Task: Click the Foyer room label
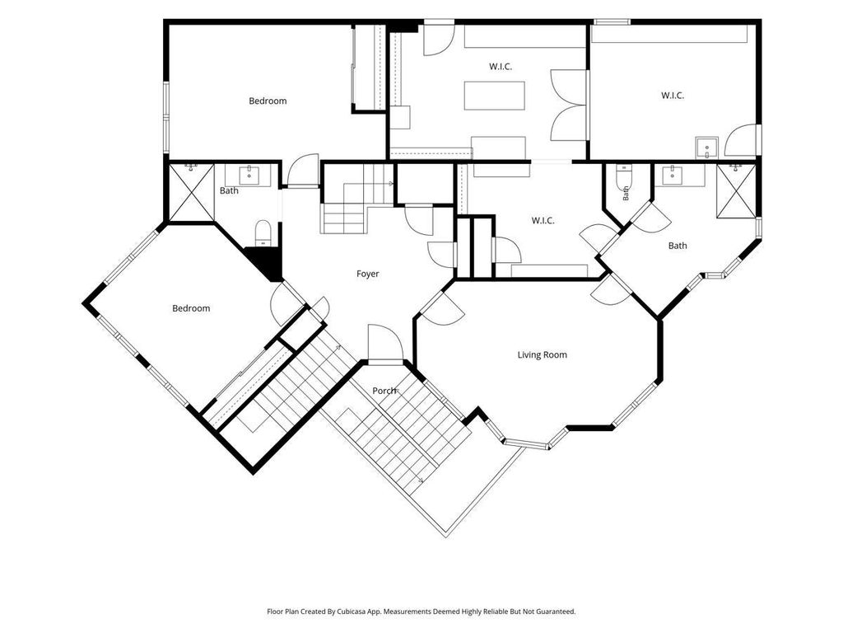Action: click(368, 274)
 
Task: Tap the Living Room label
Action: click(542, 354)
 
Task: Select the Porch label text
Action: click(384, 390)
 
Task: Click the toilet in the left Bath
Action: click(262, 233)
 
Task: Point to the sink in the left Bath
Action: click(249, 176)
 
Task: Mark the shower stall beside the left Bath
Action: click(191, 192)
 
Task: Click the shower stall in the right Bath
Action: click(736, 190)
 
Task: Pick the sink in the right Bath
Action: click(673, 176)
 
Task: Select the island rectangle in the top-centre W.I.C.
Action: click(495, 96)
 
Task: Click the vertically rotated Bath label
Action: click(626, 193)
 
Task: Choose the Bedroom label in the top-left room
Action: click(268, 101)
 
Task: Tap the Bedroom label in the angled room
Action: click(191, 308)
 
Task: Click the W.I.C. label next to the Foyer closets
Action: click(543, 221)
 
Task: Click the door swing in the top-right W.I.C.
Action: click(742, 141)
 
